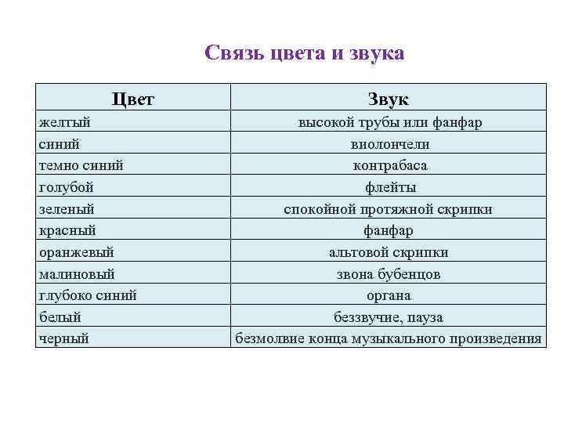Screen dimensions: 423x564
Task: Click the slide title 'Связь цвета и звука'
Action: tap(304, 53)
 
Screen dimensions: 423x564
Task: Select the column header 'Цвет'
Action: tap(133, 99)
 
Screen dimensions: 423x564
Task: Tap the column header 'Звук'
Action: tap(389, 99)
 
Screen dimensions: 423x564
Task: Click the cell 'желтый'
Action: tap(64, 123)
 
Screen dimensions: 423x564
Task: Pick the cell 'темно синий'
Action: tap(81, 166)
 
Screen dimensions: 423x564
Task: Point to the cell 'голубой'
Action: tap(66, 187)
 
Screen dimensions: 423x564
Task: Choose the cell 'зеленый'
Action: tap(67, 209)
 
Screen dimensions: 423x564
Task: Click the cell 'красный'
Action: tap(67, 230)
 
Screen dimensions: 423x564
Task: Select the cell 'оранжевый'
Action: tap(76, 252)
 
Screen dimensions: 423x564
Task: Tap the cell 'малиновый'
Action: tap(76, 274)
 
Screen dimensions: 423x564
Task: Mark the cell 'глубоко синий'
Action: tap(88, 295)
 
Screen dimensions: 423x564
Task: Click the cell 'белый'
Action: tap(60, 317)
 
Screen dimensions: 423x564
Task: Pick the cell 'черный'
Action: tap(63, 338)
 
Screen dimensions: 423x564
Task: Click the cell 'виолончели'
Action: tap(389, 144)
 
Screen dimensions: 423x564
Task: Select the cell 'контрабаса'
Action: tap(389, 166)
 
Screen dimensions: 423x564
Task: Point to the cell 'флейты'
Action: tap(389, 187)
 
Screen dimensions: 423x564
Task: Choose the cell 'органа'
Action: tap(389, 295)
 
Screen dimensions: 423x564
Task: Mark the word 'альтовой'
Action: tap(359, 252)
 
